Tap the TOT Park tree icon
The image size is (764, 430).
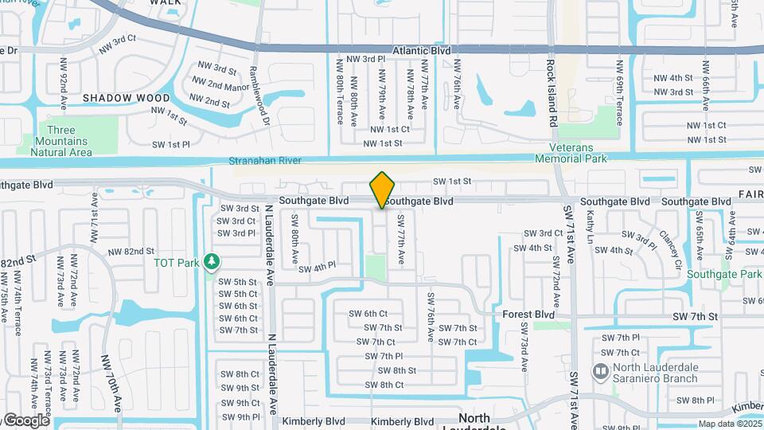(x=211, y=261)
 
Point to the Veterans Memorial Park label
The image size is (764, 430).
(x=578, y=153)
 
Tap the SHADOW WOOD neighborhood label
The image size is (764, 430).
(x=115, y=97)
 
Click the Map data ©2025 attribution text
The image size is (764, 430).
(x=729, y=424)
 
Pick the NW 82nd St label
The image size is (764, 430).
(x=126, y=252)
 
